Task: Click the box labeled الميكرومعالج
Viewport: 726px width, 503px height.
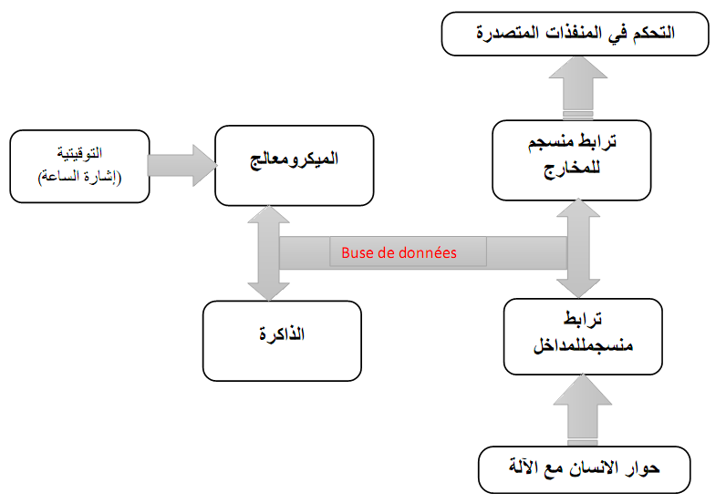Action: tap(294, 165)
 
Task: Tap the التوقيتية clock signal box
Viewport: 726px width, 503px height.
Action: tap(78, 165)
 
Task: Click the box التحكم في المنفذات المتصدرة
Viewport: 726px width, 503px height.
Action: tap(575, 35)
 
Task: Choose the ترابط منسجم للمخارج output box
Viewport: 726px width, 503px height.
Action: tap(571, 160)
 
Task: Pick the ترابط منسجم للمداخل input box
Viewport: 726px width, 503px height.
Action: tap(582, 334)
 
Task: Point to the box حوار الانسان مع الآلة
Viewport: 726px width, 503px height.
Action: tap(584, 470)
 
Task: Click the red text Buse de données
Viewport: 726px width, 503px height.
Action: tap(399, 252)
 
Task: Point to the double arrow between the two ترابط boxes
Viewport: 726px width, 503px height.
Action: tap(576, 248)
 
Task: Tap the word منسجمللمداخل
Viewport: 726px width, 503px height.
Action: tap(582, 347)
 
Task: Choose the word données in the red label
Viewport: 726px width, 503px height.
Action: tap(424, 252)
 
